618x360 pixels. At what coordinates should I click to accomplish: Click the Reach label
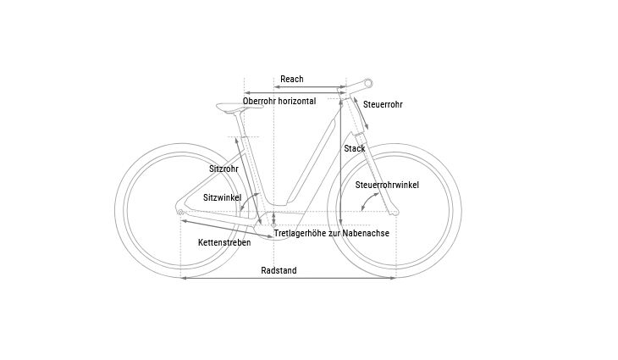[292, 79]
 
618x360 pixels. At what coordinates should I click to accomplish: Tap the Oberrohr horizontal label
[279, 101]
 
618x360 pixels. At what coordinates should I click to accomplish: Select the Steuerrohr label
[383, 104]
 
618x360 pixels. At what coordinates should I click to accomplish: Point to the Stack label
[355, 148]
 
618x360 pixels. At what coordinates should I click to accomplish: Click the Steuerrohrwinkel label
[387, 185]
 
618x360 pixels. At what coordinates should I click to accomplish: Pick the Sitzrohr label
[223, 169]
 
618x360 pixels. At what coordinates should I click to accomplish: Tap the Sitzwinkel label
[223, 197]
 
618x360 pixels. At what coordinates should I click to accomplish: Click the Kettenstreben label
[224, 242]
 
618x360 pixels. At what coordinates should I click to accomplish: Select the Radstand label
[279, 270]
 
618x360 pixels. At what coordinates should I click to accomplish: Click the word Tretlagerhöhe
[301, 234]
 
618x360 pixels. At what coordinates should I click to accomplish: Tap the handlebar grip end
[368, 83]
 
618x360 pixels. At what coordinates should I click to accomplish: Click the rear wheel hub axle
[180, 212]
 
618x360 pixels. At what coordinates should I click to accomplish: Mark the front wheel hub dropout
[395, 213]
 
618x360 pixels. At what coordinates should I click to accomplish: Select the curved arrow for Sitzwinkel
[246, 200]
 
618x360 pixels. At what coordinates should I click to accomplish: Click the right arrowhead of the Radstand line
[393, 278]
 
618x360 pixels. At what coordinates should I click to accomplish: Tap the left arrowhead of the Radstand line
[183, 278]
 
